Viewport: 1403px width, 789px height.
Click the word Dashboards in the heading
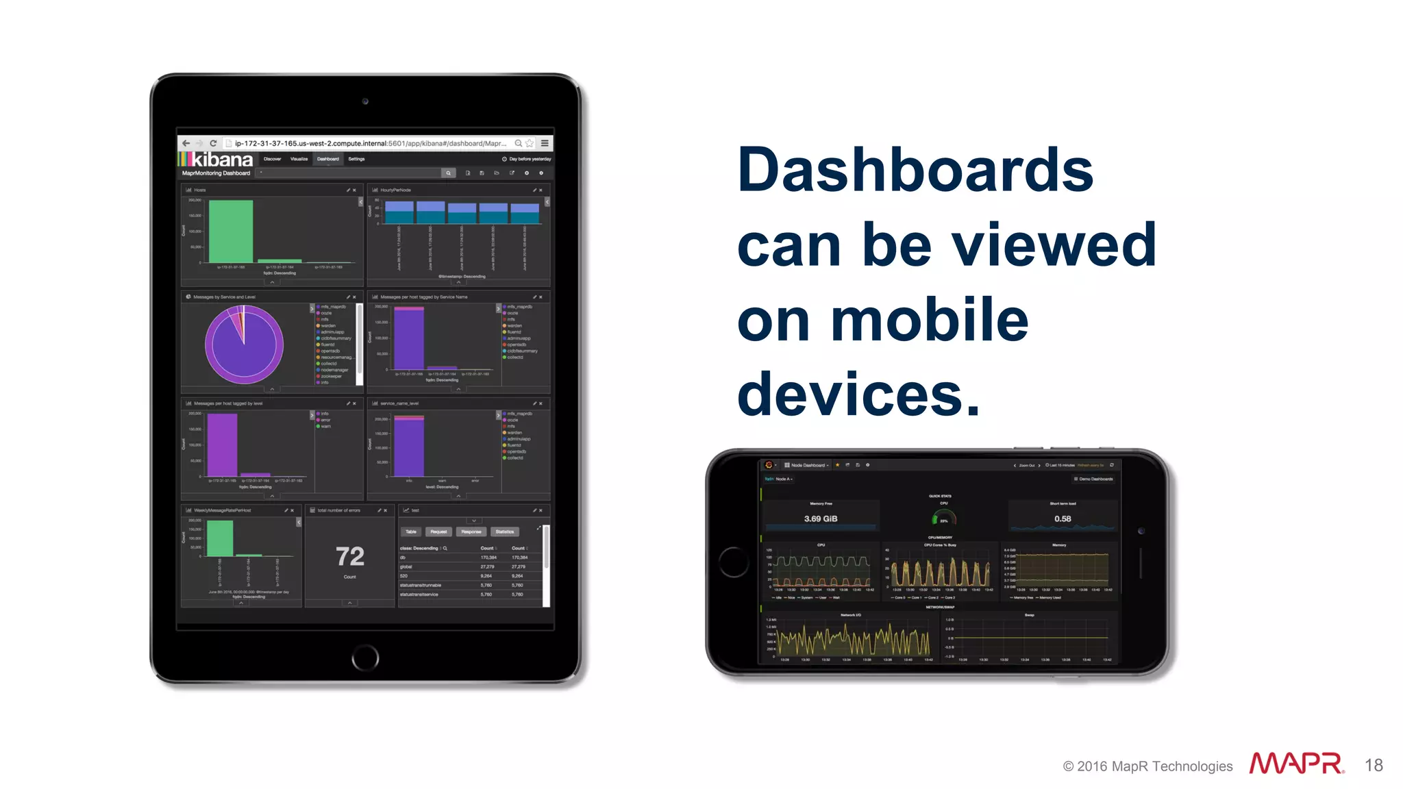coord(915,170)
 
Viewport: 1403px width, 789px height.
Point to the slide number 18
coord(1373,765)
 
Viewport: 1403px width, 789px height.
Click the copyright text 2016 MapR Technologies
coord(1154,766)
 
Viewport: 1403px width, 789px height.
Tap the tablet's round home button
coord(365,658)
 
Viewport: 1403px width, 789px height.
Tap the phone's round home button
coord(734,562)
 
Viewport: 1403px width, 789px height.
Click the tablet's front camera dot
coord(365,101)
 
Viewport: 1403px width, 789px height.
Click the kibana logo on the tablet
coord(216,160)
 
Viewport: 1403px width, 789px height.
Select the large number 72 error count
coord(349,556)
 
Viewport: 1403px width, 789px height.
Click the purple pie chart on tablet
coord(244,345)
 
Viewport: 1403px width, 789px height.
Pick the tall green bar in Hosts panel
coord(230,231)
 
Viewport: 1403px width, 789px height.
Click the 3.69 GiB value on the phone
coord(820,518)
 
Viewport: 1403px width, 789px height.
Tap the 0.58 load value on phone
coord(1062,518)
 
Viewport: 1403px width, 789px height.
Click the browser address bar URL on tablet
coord(370,143)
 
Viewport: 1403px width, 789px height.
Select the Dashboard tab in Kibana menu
coord(327,159)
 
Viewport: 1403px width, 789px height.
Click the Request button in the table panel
coord(438,531)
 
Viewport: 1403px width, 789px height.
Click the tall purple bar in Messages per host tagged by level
coord(222,445)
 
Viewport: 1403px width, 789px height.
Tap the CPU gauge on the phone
coord(943,518)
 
